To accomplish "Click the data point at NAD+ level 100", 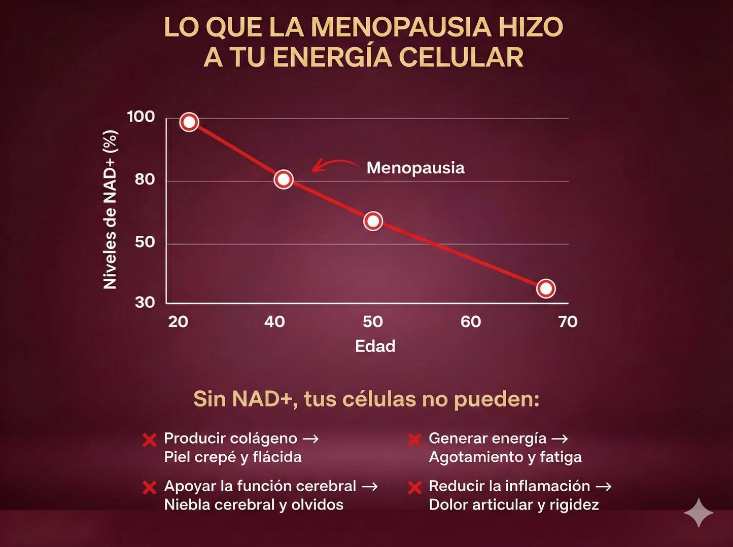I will point(189,122).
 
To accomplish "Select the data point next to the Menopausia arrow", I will point(284,179).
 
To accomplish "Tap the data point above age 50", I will point(373,221).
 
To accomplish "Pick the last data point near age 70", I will point(546,288).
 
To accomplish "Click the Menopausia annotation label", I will point(415,168).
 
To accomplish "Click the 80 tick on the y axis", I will point(145,179).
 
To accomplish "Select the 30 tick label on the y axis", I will point(145,302).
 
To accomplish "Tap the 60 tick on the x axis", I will point(470,322).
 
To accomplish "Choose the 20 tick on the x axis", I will point(178,322).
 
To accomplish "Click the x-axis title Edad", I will point(375,346).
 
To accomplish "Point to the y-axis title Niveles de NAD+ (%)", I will point(110,209).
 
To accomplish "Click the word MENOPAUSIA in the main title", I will point(400,27).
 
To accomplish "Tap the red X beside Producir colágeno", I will point(150,440).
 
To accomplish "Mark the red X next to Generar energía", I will point(414,440).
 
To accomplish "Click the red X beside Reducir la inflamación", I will point(414,487).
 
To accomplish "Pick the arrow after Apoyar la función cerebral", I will point(370,487).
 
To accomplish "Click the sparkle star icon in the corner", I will point(699,513).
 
